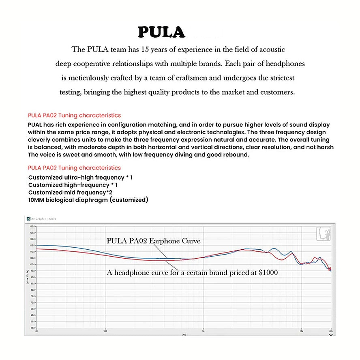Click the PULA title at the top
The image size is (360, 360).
pos(161,32)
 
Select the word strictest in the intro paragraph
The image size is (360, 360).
pos(279,78)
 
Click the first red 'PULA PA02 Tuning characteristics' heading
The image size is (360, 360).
pos(74,116)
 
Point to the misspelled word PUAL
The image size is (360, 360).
pos(36,125)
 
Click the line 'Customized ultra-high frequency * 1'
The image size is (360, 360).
pos(80,178)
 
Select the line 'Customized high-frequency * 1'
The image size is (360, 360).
pos(73,185)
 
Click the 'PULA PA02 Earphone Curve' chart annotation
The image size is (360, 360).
pos(154,241)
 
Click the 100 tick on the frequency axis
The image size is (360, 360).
pos(105,331)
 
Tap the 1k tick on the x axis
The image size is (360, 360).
pos(204,331)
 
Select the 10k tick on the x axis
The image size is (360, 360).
pos(301,331)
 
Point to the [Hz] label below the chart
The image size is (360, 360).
pos(184,335)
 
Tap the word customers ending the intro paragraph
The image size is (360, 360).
pos(277,92)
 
